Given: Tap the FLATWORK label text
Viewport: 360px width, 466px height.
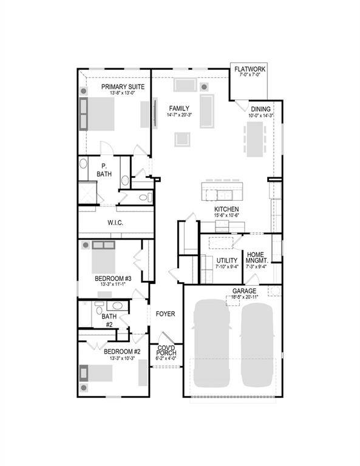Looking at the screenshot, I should tap(250, 69).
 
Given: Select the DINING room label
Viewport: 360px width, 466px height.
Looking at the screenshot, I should tap(260, 109).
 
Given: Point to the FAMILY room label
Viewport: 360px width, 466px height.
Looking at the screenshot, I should tap(179, 108).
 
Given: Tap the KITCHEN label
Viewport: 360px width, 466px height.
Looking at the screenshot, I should tap(226, 209).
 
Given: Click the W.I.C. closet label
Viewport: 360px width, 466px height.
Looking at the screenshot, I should tap(116, 223).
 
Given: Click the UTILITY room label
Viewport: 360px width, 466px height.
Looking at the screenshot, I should tap(227, 261).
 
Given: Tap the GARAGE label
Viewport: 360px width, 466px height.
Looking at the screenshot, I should tap(244, 291).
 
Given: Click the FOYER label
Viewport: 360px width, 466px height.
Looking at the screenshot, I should tap(165, 314).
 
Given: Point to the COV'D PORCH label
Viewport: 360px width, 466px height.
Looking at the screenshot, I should tap(166, 351).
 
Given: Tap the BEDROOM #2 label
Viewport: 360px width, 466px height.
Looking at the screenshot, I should tap(122, 351).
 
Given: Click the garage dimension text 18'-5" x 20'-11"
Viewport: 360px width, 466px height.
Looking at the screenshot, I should tap(244, 297).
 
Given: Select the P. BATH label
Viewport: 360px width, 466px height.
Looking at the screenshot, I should tap(104, 170).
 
